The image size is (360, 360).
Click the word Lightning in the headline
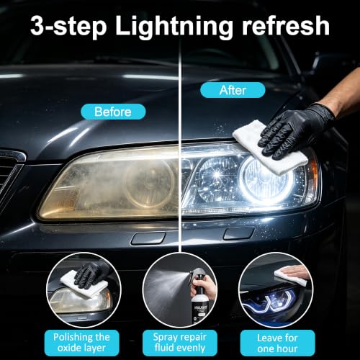coord(174,27)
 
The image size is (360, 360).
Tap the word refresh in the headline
coord(286,25)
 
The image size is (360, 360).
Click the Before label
coord(113,112)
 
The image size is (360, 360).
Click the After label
coord(233,90)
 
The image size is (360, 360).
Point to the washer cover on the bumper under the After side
coord(238,233)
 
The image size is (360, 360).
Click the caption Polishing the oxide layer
coord(81,343)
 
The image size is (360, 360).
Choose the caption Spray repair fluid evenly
coord(180,343)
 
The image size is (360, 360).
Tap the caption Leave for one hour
coord(277,343)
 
